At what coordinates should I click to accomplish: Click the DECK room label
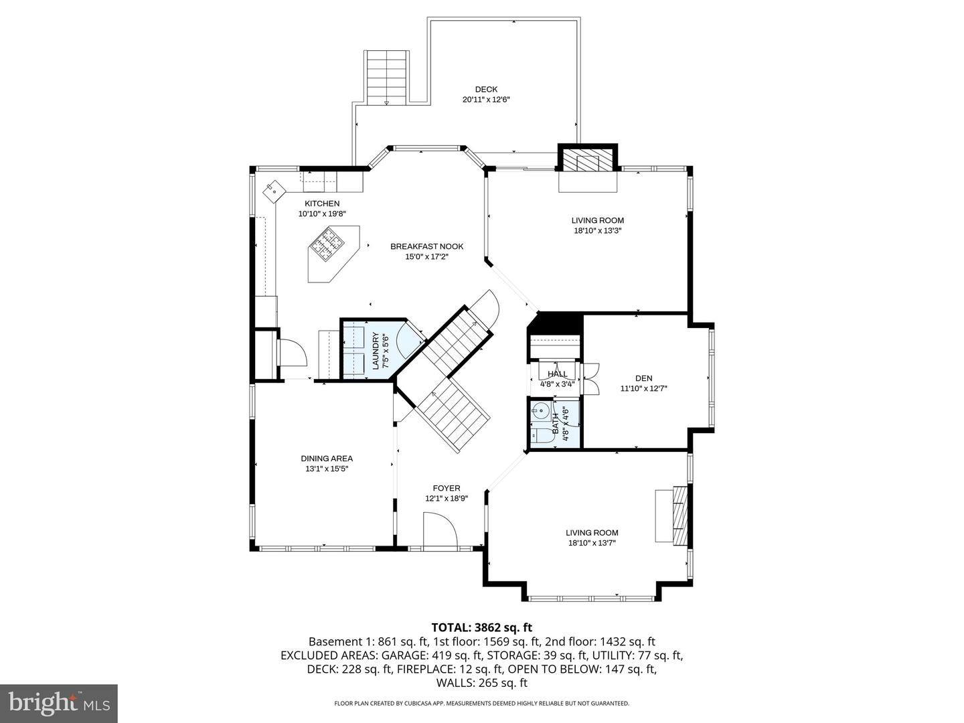coord(486,89)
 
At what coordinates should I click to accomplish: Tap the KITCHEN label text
coord(322,204)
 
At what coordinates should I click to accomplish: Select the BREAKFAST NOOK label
coord(426,246)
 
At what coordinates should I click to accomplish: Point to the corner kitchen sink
coord(275,190)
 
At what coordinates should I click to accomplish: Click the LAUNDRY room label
coord(376,350)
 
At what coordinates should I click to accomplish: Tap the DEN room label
coord(643,378)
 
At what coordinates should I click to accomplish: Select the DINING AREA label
coord(327,459)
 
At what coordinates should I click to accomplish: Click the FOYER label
coord(447,488)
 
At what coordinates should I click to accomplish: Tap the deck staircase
coord(387,76)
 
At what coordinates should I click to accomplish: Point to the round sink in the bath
coord(540,411)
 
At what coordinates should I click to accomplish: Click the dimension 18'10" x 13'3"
coord(597,230)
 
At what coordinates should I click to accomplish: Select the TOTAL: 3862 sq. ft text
coord(481,627)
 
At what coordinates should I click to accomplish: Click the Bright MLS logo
coord(59,703)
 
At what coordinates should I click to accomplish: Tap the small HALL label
coord(557,374)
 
